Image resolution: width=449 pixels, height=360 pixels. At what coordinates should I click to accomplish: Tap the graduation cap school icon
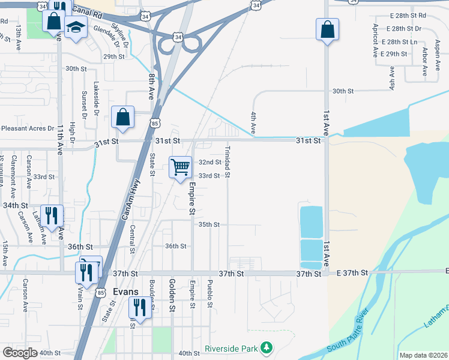pyautogui.click(x=76, y=27)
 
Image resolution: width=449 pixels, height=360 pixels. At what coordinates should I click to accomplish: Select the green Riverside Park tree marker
pyautogui.click(x=265, y=347)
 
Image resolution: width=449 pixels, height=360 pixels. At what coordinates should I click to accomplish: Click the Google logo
pyautogui.click(x=20, y=352)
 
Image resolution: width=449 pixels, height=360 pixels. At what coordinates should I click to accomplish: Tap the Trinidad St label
pyautogui.click(x=228, y=161)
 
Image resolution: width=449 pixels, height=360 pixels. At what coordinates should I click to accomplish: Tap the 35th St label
pyautogui.click(x=209, y=224)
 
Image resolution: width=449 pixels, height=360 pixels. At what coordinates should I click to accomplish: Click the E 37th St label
pyautogui.click(x=352, y=273)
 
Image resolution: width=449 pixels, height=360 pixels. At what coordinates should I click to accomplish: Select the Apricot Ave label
pyautogui.click(x=375, y=40)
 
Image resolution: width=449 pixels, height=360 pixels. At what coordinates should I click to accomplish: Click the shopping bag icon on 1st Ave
pyautogui.click(x=327, y=29)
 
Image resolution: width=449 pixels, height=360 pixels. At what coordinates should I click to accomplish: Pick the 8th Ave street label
pyautogui.click(x=151, y=86)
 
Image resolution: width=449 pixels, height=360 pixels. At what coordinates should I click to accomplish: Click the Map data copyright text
pyautogui.click(x=423, y=355)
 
